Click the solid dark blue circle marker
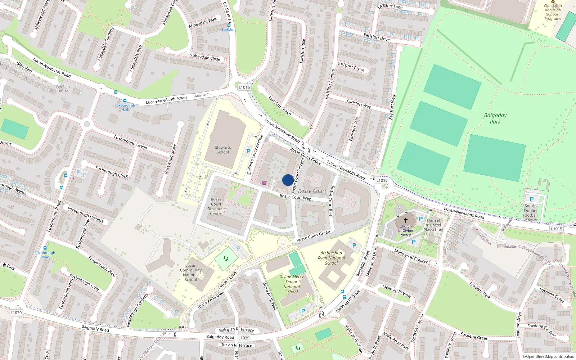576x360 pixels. click(288, 180)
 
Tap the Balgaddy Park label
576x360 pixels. click(495, 118)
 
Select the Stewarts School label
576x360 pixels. click(223, 150)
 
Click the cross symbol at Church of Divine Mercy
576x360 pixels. click(406, 220)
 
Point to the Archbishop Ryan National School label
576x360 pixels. click(331, 258)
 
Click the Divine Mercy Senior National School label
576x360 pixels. click(292, 284)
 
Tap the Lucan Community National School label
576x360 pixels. click(191, 273)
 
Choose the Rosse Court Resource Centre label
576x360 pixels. click(216, 206)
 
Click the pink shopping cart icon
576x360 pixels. click(265, 183)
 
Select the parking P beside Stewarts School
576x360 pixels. click(248, 152)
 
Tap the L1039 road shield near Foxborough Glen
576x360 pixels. click(16, 312)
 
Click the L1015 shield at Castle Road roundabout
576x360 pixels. click(244, 87)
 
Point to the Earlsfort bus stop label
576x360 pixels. click(229, 30)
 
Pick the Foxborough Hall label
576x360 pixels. click(125, 107)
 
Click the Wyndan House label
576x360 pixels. click(63, 89)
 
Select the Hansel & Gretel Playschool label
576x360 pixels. click(433, 225)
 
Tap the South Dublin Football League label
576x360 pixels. click(530, 213)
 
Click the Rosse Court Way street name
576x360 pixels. click(295, 197)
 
